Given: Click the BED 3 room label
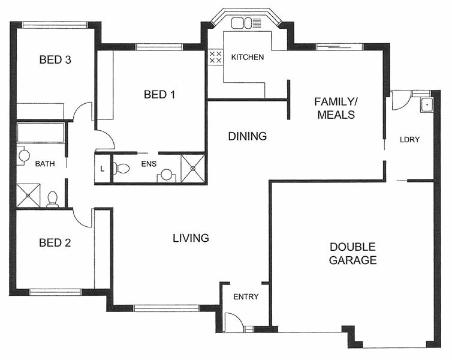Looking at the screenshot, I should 55,59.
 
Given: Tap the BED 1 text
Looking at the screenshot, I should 159,94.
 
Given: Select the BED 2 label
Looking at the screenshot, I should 55,243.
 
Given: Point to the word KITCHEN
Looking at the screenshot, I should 248,58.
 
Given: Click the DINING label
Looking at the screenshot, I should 247,136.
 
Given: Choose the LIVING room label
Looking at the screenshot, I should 191,238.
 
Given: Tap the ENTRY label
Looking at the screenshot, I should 246,296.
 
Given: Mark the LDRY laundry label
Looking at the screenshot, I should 409,140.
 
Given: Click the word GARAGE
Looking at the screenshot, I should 352,260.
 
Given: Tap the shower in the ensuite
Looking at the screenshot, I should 193,168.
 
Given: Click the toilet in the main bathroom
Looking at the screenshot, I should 52,199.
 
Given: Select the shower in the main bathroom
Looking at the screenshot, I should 28,195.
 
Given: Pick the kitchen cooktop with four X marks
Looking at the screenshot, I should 215,58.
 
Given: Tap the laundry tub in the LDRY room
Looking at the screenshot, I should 426,104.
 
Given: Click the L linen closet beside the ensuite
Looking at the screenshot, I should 103,169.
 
